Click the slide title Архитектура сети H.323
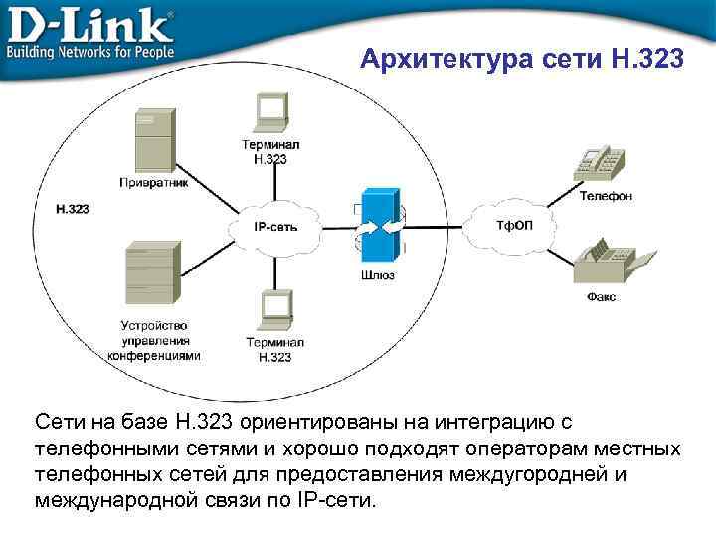pos(521,61)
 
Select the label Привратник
pos(154,182)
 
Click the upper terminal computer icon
pos(270,111)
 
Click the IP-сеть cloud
pos(275,226)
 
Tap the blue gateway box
pos(377,226)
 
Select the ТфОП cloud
pos(514,225)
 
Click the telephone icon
pos(603,163)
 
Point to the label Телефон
pos(606,196)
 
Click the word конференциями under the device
pos(154,355)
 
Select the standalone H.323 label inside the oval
pos(73,209)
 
